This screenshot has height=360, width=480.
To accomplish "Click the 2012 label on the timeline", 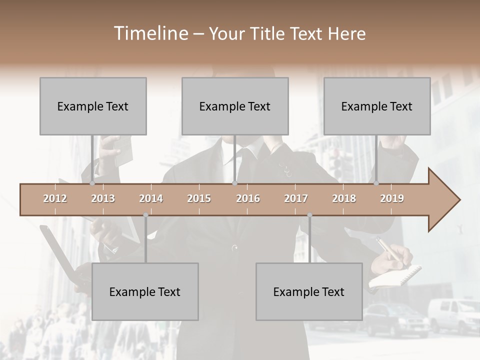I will [55, 198].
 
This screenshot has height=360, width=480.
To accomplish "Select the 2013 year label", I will [103, 198].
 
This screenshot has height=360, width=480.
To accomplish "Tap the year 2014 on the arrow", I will [151, 198].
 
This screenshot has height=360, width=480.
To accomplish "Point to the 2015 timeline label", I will [199, 198].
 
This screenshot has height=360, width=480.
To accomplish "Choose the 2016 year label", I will [248, 198].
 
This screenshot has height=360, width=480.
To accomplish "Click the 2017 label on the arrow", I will [296, 198].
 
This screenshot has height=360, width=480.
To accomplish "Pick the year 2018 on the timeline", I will [344, 198].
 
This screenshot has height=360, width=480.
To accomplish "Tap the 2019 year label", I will [392, 198].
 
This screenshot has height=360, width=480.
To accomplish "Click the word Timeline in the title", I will [150, 33].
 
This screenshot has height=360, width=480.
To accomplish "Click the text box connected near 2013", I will [93, 106].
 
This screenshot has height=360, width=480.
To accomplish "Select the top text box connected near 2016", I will [235, 106].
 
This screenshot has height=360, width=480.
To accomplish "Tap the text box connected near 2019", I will [377, 106].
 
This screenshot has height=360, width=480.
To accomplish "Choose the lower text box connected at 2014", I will [145, 291].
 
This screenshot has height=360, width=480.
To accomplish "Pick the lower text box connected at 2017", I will [309, 291].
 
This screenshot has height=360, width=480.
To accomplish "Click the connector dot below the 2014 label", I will [145, 215].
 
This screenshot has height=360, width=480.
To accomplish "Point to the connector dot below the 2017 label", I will [309, 215].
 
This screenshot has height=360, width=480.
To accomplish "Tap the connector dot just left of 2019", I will [376, 183].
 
